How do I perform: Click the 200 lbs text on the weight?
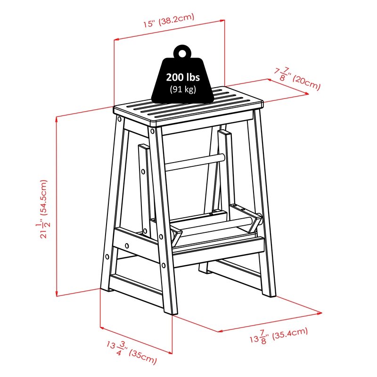point(183,77)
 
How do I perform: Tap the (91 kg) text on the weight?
point(183,89)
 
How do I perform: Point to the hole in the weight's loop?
point(182,53)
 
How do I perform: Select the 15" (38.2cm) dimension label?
point(169,20)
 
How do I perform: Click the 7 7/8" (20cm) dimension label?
point(298,78)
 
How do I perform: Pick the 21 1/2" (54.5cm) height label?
point(43,209)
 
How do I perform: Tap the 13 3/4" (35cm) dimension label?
point(132,352)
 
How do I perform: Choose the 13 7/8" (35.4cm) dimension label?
point(279,336)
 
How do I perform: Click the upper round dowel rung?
point(195,163)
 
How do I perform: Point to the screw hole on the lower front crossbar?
point(127,246)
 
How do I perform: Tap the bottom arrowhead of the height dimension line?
point(57,294)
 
